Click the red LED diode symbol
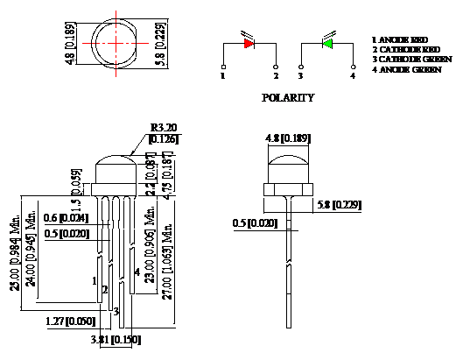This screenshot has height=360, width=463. (249, 42)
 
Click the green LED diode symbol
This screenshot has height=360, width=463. (327, 42)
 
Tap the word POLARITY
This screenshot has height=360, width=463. (288, 98)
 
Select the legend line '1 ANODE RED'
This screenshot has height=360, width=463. (401, 39)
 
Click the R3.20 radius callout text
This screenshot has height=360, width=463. (165, 127)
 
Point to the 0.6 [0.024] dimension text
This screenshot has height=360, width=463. (67, 218)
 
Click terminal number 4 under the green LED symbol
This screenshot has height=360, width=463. (353, 76)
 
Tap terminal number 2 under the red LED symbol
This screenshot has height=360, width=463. (277, 76)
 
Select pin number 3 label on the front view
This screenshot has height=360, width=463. (116, 311)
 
